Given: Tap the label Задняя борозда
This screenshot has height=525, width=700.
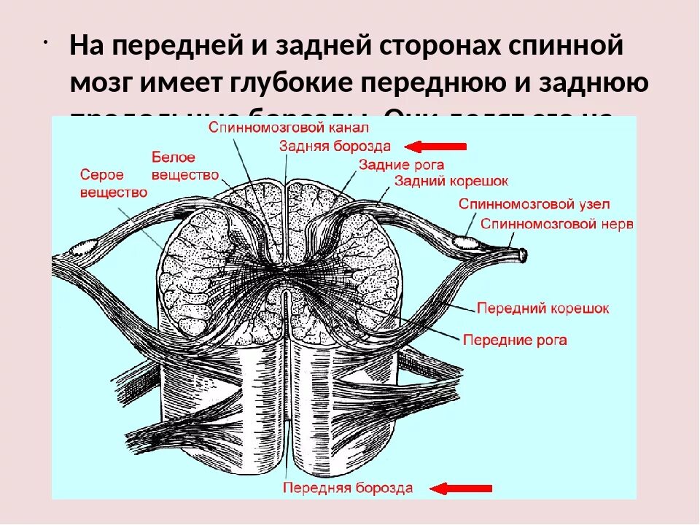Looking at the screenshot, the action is coord(335,146).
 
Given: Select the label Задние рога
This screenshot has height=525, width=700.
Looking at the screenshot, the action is coord(401,165).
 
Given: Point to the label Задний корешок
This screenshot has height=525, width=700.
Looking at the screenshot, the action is coord(451,180).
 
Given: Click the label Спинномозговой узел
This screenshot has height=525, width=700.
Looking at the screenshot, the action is coord(534,204).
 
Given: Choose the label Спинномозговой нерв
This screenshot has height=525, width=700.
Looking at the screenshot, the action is coord(557,222).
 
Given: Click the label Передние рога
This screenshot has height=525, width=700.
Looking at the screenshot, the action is coord(515,340).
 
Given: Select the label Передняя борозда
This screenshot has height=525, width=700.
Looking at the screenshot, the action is coord(348,488).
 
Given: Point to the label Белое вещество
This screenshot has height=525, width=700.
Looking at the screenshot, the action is coord(185,166).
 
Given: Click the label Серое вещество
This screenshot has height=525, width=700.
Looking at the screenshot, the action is coord(113,184).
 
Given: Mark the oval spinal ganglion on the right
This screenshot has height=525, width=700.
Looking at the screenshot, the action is coord(464,240).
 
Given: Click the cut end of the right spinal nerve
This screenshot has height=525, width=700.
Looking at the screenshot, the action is coord(522,255).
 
